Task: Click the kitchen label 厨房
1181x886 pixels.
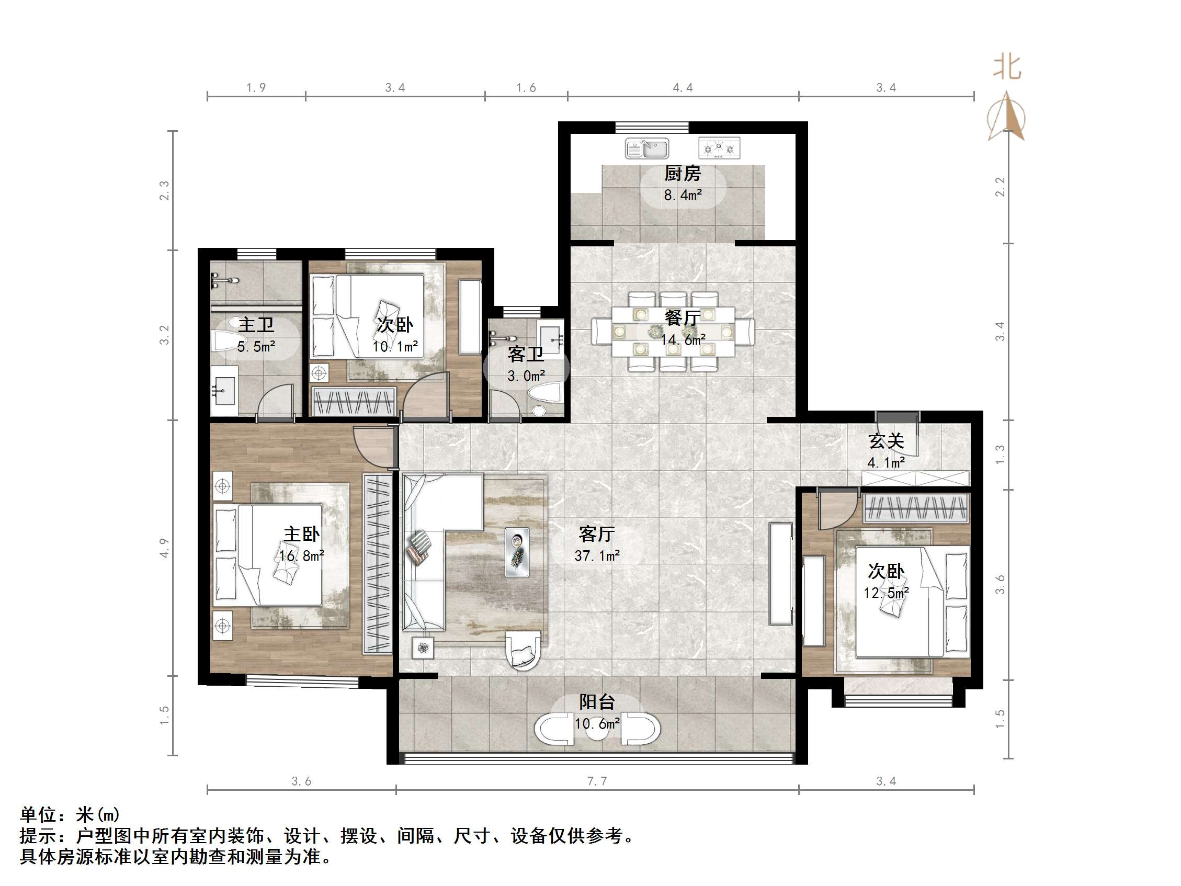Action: pos(682,174)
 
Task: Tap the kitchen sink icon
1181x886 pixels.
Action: pos(647,149)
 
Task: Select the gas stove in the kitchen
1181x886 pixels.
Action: pos(719,148)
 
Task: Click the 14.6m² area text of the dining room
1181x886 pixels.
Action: pos(683,339)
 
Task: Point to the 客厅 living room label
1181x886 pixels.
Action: pos(596,533)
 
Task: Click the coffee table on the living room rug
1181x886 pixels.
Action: pos(517,552)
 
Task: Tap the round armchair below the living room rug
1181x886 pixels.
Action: pos(523,650)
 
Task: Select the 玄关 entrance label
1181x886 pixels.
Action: pos(886,441)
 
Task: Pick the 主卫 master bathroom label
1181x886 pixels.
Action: pos(256,325)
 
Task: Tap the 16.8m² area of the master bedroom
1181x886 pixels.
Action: pos(302,556)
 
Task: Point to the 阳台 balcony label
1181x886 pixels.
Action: pos(596,702)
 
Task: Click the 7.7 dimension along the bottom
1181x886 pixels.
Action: pos(596,781)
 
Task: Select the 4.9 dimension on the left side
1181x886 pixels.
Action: pos(164,548)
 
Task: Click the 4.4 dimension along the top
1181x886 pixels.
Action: pos(683,87)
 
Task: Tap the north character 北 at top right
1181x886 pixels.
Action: pos(1007,68)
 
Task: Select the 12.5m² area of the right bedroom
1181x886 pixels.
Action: pos(887,593)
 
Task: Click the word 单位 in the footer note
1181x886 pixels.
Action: pos(38,814)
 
